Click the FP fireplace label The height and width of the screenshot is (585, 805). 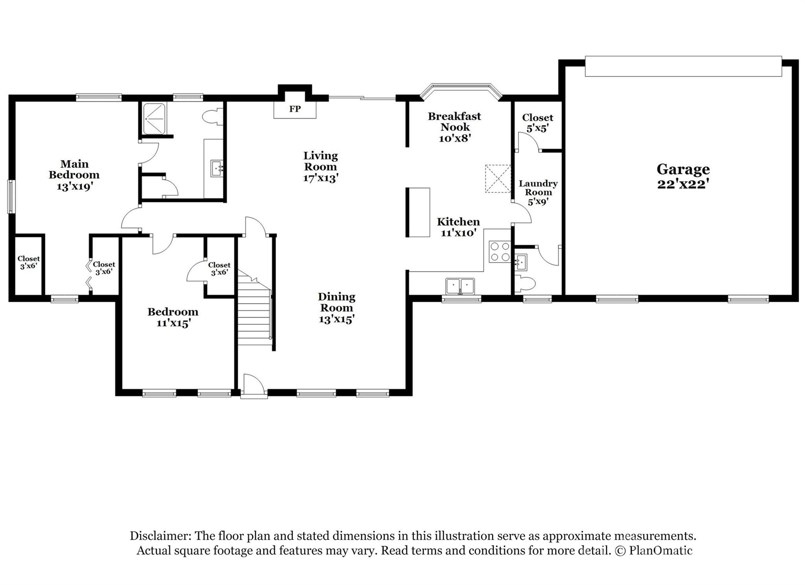(x=295, y=109)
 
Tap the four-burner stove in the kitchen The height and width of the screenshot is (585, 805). (x=499, y=252)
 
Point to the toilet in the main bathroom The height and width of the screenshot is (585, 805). (x=213, y=117)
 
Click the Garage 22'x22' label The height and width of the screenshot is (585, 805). (x=683, y=176)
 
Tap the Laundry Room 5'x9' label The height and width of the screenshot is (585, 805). (x=538, y=193)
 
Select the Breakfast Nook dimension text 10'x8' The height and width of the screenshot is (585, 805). (x=455, y=138)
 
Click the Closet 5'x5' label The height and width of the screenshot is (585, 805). (x=537, y=123)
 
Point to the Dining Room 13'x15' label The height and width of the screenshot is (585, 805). (x=336, y=308)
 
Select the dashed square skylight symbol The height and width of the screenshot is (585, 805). (x=498, y=179)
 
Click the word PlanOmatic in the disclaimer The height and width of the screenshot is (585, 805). (x=660, y=550)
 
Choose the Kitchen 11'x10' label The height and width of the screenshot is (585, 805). (x=458, y=227)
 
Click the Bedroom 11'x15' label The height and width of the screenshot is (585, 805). (x=173, y=317)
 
